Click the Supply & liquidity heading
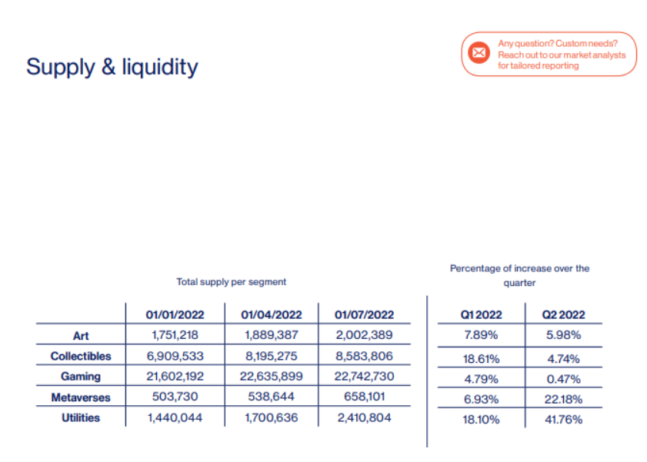tap(112, 67)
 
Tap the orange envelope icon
tap(479, 53)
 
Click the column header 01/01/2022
tap(175, 314)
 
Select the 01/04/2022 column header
tap(270, 314)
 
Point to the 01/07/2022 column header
tap(364, 314)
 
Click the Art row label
tap(81, 335)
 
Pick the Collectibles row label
tap(81, 356)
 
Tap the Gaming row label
tap(81, 377)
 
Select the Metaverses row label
tap(81, 397)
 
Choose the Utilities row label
tap(81, 418)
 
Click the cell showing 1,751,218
tap(175, 335)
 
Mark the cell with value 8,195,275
tap(270, 356)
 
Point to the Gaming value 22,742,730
tap(364, 377)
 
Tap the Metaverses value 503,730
tap(175, 397)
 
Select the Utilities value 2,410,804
tap(364, 418)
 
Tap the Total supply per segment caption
tap(231, 282)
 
